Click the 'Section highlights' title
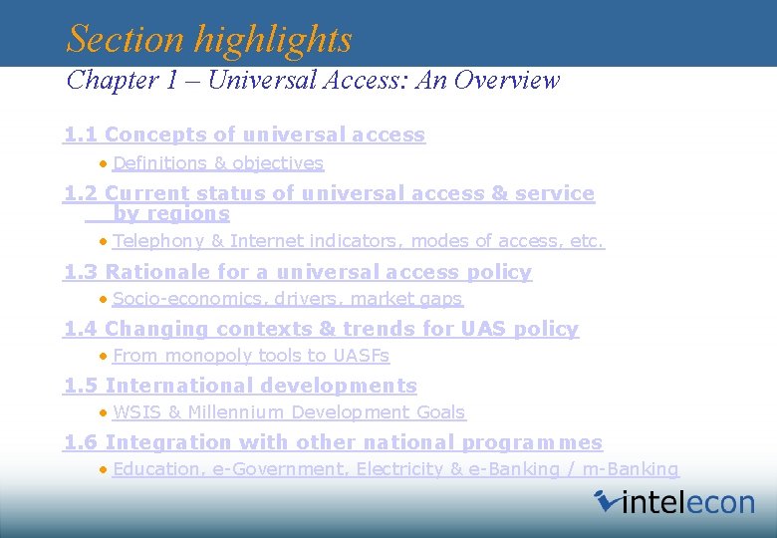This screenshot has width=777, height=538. click(209, 39)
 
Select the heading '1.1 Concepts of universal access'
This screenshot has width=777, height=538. click(245, 134)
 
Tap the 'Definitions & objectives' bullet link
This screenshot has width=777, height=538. click(218, 163)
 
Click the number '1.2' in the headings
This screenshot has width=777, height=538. click(81, 193)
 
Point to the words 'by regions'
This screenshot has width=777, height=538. click(171, 213)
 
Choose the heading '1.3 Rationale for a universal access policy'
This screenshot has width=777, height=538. click(298, 272)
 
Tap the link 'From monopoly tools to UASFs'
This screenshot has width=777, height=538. click(251, 356)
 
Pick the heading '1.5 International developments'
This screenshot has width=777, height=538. click(241, 386)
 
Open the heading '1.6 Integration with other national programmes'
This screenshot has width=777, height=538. click(334, 442)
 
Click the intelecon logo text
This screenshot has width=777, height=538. click(688, 502)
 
